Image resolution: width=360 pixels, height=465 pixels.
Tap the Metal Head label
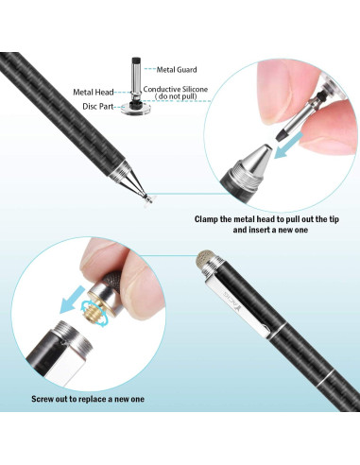[x=93, y=92]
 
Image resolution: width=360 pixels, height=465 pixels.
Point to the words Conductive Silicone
[x=180, y=89]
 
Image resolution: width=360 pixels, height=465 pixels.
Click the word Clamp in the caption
[x=211, y=218]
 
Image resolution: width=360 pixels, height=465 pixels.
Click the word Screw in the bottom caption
[x=43, y=399]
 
